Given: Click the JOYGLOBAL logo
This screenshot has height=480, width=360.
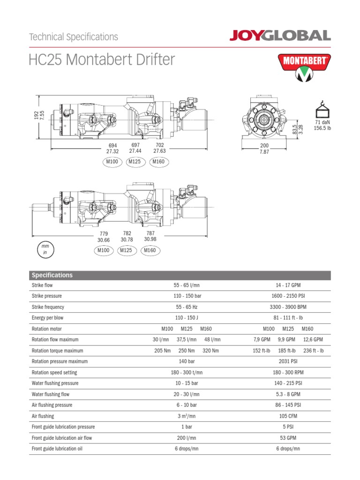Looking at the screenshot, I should point(280,36).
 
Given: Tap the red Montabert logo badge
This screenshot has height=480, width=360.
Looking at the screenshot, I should point(304,67).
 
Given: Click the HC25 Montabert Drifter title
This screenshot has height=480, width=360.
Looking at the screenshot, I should point(102,60).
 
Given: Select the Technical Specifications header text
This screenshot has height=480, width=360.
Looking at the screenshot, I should point(74,37).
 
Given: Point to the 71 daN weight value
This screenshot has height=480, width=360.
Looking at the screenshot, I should point(322,122).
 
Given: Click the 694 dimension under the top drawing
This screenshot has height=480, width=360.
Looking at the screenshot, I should point(112,145).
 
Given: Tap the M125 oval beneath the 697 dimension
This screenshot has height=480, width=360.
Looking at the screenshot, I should point(135,162).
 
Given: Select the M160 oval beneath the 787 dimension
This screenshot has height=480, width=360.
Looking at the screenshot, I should point(150,250).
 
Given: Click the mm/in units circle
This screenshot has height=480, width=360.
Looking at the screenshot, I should point(45,249).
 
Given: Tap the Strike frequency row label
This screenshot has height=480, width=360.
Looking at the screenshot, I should point(48,307).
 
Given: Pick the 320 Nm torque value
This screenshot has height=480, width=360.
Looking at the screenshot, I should point(211,351).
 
